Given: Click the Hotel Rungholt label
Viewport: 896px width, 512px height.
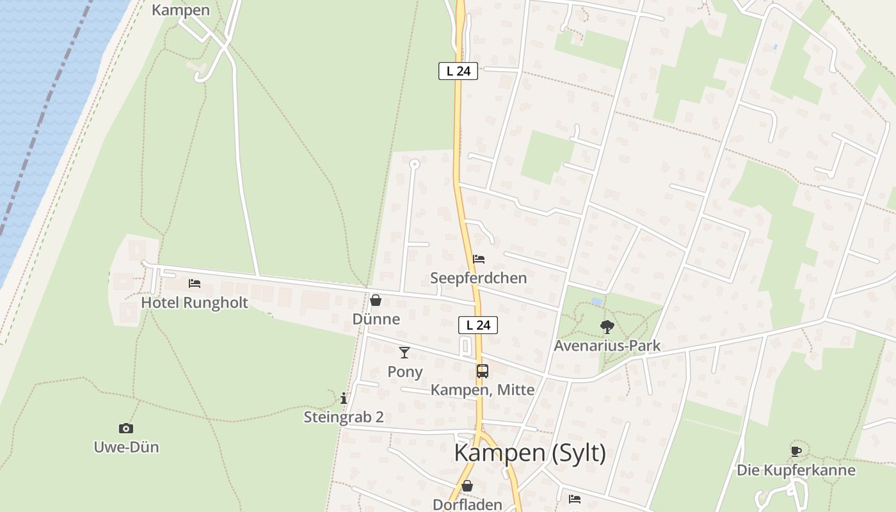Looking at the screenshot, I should click(195, 303).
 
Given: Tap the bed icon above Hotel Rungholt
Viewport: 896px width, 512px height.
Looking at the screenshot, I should click(195, 284).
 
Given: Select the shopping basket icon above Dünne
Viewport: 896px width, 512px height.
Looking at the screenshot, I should click(376, 300).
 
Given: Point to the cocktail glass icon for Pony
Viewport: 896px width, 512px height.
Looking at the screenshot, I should click(404, 353).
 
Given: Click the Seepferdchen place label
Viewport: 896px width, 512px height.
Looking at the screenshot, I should click(479, 278).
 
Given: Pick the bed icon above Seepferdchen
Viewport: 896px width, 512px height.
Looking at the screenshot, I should click(479, 259).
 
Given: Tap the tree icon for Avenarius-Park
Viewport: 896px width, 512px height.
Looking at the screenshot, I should click(607, 327).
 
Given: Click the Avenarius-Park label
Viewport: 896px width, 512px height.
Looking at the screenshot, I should click(607, 346).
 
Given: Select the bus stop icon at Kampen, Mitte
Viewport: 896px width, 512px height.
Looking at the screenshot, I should click(483, 371).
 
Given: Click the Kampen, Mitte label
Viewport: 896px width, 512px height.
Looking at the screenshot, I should click(483, 390).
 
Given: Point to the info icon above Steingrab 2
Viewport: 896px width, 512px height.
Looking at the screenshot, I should click(344, 399).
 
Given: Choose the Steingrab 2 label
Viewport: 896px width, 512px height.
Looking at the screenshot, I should click(344, 417).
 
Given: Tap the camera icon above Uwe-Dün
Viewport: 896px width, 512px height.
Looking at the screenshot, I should click(126, 428).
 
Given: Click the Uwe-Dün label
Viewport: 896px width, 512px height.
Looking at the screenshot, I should click(126, 447).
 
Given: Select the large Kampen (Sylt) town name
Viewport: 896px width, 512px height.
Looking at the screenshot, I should click(530, 453).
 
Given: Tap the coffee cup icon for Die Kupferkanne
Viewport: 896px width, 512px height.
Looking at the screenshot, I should click(796, 451).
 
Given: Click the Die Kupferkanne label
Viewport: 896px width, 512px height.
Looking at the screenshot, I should click(796, 470).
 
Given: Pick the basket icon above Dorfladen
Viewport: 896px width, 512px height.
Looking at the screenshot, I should click(467, 486).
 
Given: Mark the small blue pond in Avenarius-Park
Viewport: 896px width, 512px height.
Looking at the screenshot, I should click(596, 301).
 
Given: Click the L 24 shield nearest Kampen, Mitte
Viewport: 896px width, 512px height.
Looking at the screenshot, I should click(478, 325).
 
